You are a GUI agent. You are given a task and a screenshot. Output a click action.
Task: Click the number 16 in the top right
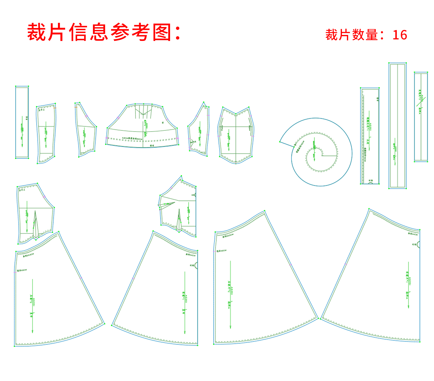(400, 35)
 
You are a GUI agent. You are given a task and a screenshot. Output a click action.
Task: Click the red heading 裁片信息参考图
(104, 32)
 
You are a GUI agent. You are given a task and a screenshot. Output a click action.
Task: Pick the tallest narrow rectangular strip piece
(397, 125)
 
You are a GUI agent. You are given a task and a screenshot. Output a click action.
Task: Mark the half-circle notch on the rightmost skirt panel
(418, 244)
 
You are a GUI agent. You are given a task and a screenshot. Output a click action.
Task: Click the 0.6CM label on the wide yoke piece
(132, 138)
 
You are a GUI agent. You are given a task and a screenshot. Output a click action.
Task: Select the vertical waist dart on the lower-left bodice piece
(35, 224)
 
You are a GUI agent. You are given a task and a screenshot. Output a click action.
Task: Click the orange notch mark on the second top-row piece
(55, 108)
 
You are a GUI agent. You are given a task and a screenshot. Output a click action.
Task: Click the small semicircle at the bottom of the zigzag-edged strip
(371, 183)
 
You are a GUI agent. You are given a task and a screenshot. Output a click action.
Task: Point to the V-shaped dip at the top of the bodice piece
(236, 114)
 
